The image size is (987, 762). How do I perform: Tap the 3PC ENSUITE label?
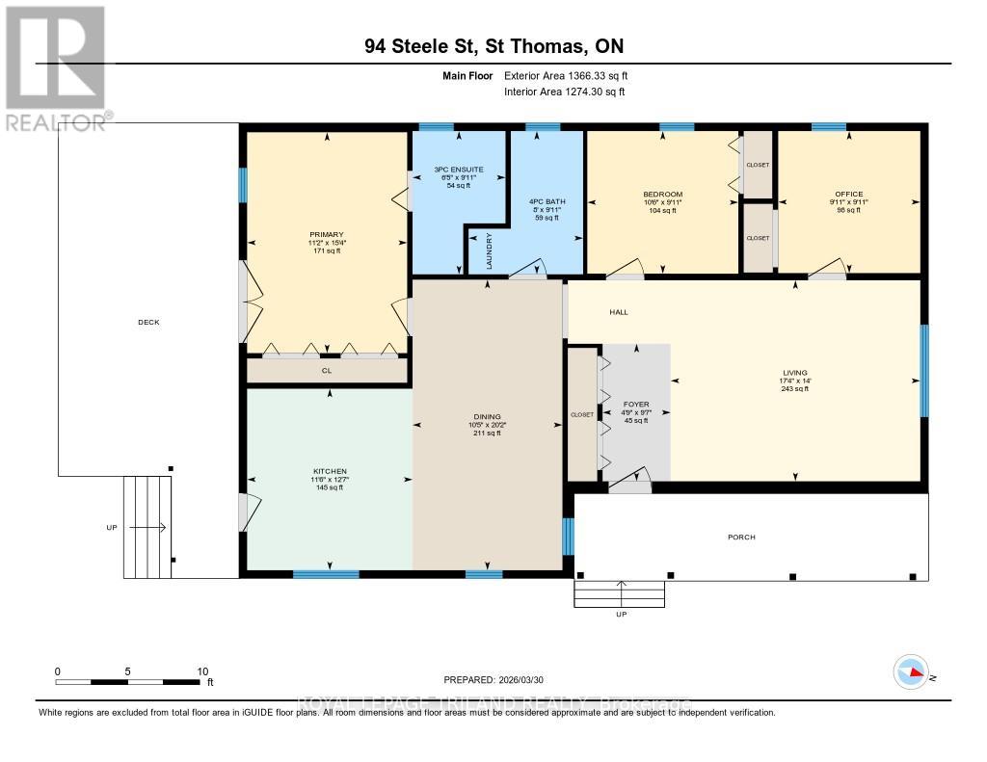pyautogui.click(x=458, y=170)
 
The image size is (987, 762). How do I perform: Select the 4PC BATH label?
pyautogui.click(x=547, y=201)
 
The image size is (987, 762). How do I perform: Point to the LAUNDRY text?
pyautogui.click(x=489, y=251)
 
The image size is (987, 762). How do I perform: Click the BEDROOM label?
pyautogui.click(x=662, y=194)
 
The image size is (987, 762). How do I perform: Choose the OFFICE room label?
pyautogui.click(x=849, y=194)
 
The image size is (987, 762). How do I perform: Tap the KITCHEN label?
pyautogui.click(x=329, y=471)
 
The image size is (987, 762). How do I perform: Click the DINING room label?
pyautogui.click(x=487, y=417)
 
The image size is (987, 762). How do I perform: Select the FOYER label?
pyautogui.click(x=635, y=405)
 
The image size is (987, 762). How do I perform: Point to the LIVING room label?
pyautogui.click(x=795, y=373)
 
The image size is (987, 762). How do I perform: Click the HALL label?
pyautogui.click(x=618, y=312)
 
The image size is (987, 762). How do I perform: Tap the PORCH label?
pyautogui.click(x=741, y=537)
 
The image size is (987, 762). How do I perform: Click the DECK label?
pyautogui.click(x=147, y=322)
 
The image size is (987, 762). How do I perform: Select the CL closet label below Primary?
pyautogui.click(x=326, y=369)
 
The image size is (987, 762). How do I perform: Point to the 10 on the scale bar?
pyautogui.click(x=202, y=671)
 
